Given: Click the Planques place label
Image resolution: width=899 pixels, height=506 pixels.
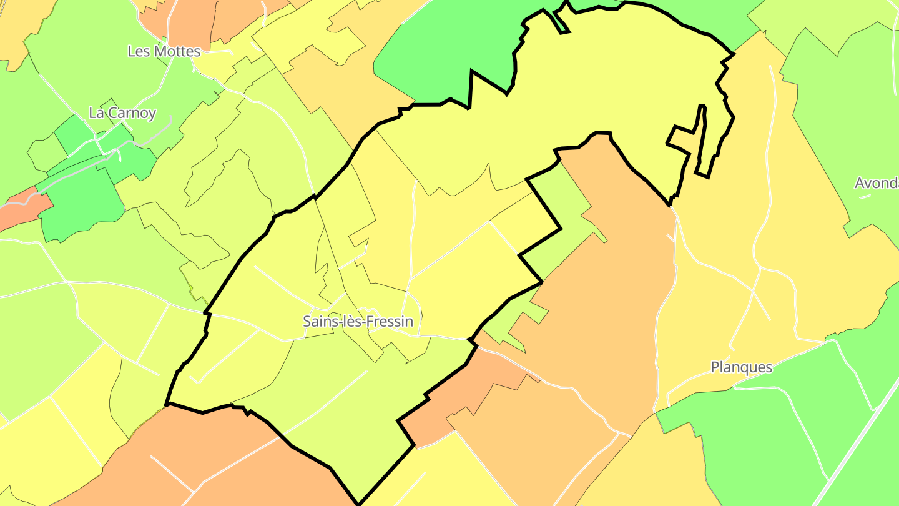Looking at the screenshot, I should pos(742,367).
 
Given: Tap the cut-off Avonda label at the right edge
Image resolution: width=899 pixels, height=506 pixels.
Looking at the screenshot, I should pos(876,184).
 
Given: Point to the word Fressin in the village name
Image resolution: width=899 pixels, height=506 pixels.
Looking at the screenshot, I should pos(391,322).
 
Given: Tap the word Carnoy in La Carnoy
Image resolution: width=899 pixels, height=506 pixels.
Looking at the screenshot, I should pos(132,113).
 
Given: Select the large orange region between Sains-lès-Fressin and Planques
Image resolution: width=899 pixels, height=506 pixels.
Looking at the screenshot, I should pos(612,281).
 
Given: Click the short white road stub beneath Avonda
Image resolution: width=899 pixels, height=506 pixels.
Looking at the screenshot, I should pos(865,197).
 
